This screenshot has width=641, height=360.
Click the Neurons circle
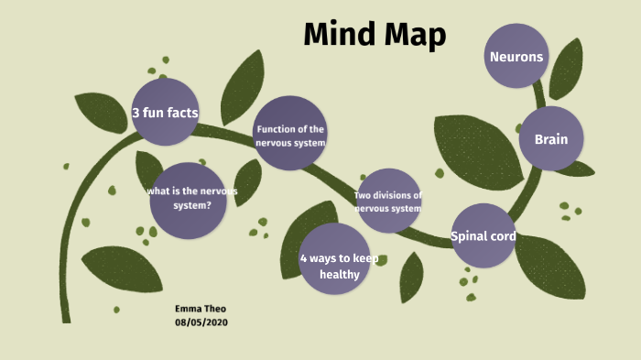516,56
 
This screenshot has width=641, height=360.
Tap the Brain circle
551,139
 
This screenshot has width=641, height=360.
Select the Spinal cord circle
483,235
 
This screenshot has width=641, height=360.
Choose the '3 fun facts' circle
165,113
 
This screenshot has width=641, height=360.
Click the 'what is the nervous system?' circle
189,200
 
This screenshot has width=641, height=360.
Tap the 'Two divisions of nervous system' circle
389,201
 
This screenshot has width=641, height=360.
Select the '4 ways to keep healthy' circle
334,259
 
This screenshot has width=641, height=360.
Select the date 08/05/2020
201,322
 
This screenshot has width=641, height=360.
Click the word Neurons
516,57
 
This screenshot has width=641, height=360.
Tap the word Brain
551,140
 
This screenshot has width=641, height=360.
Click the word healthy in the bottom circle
334,275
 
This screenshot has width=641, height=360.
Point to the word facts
183,114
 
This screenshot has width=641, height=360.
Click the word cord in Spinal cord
501,236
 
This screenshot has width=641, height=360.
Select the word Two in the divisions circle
363,195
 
